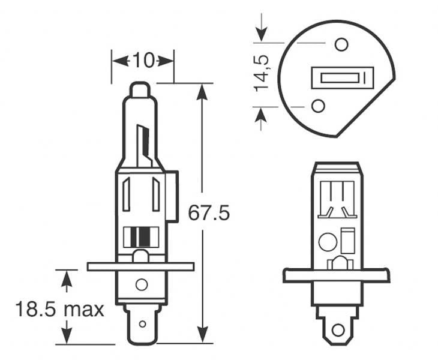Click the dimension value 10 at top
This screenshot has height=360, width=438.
point(143,60)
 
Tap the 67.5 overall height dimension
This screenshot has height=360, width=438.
point(209,213)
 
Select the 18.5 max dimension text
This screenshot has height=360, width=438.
point(59,310)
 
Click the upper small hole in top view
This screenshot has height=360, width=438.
point(341,44)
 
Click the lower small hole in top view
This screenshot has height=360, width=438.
point(319,106)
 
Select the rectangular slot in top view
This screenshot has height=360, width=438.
point(339,78)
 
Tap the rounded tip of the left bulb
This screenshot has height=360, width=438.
point(140,91)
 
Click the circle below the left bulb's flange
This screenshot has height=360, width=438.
point(142,285)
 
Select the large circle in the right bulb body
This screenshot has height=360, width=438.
point(328,242)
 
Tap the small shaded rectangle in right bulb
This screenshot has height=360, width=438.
point(347,241)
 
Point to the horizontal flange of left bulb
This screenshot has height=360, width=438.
point(140,266)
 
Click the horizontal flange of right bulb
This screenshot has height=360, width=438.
point(336,275)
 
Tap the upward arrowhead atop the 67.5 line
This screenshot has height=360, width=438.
point(203,91)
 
